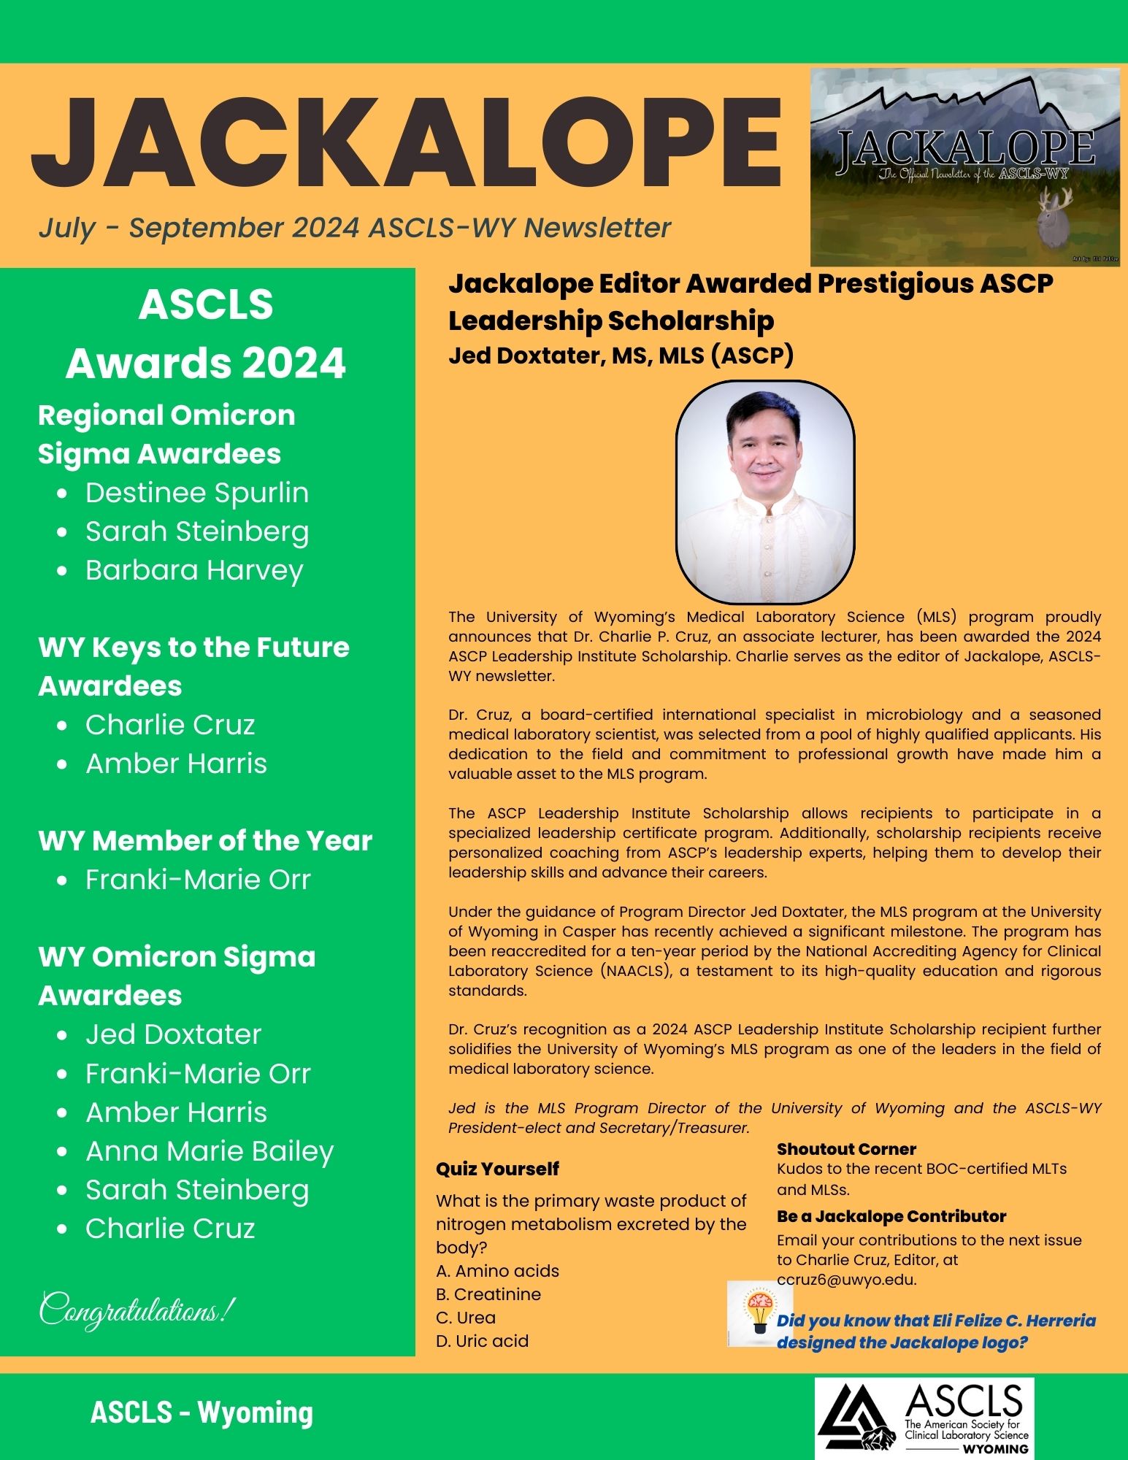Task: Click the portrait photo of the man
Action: [764, 491]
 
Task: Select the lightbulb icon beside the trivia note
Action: [759, 1313]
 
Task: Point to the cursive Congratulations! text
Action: [137, 1310]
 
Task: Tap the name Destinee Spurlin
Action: [197, 493]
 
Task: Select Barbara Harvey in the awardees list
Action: [194, 570]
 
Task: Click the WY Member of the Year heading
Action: [205, 840]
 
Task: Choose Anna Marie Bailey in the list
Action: [210, 1151]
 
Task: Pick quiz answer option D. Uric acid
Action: [482, 1341]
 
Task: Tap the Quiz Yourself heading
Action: [497, 1169]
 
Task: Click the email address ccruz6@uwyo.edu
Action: [846, 1280]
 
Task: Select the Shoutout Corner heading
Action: [846, 1149]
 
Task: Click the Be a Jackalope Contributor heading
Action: [891, 1216]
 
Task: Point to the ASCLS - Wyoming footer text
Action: [202, 1413]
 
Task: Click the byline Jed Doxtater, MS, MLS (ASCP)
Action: [621, 356]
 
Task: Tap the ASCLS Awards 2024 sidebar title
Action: [206, 334]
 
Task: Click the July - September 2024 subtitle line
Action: [355, 228]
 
